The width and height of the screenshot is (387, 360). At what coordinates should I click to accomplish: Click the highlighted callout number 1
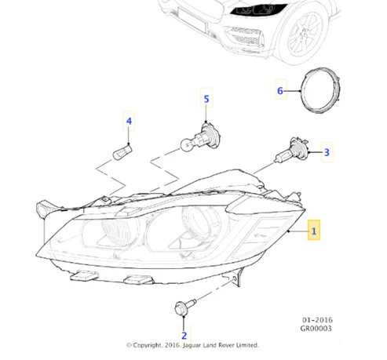[313, 231]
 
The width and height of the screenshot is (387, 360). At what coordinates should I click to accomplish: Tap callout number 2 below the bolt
[184, 336]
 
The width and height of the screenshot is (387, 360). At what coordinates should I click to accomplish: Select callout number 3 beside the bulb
[327, 152]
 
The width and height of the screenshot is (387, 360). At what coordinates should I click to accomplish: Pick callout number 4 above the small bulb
[129, 121]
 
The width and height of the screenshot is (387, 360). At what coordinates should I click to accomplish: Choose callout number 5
[206, 99]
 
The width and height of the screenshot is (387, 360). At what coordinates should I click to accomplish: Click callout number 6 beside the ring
[280, 90]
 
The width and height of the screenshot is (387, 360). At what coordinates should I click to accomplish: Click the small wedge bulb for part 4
[122, 152]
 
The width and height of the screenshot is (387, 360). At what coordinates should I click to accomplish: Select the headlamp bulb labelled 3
[291, 151]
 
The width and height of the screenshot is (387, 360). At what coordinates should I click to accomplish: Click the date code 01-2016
[317, 320]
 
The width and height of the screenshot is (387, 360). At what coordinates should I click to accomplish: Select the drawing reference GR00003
[316, 329]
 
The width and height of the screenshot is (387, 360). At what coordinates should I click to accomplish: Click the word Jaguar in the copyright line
[192, 345]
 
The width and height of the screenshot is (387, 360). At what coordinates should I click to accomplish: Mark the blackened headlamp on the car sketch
[257, 10]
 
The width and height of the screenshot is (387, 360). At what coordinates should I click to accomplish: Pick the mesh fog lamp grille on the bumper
[246, 37]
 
